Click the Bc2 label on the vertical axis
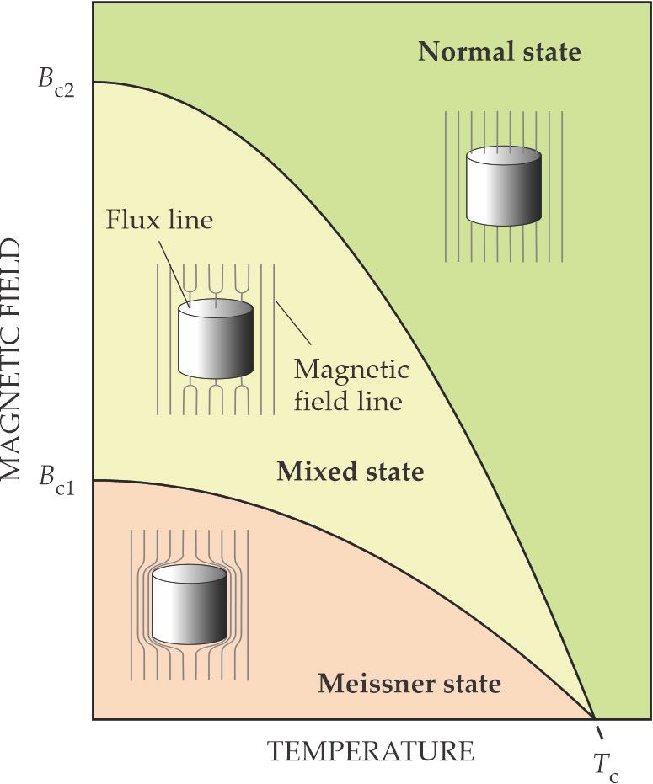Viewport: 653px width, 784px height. (x=57, y=86)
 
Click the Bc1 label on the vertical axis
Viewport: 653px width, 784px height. (x=57, y=483)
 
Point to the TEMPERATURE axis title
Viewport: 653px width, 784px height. (x=371, y=750)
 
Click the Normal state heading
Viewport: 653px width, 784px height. (x=500, y=51)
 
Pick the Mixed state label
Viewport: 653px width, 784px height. (x=350, y=472)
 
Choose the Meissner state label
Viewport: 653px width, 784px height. (x=409, y=682)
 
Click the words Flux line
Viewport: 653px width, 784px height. (x=160, y=221)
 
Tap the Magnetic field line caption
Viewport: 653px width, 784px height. (x=351, y=385)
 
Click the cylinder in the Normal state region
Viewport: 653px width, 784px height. (x=503, y=187)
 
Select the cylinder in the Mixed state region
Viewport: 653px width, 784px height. (x=216, y=339)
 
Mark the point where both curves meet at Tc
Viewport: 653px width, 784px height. (x=592, y=717)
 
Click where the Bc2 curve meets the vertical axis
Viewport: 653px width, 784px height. (x=94, y=82)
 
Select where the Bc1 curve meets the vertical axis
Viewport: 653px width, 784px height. (x=94, y=481)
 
